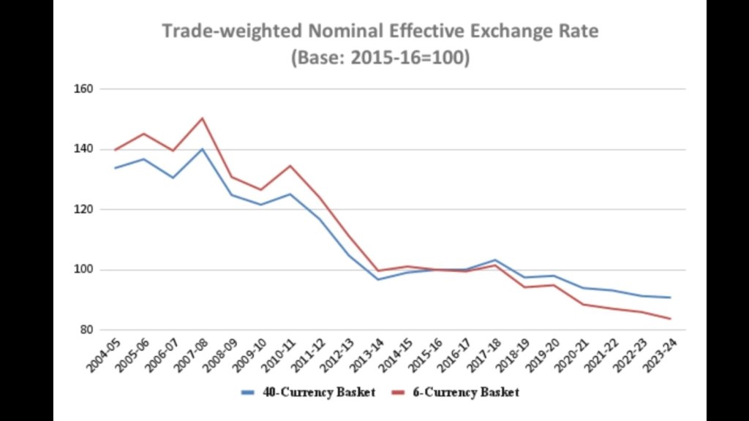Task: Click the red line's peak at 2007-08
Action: pos(202,118)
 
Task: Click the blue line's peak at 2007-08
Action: pos(202,149)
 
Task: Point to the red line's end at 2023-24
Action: pos(670,319)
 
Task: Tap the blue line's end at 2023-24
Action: pos(670,297)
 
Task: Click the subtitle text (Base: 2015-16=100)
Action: pos(380,58)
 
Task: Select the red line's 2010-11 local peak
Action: pos(290,166)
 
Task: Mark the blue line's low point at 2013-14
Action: pos(379,279)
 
